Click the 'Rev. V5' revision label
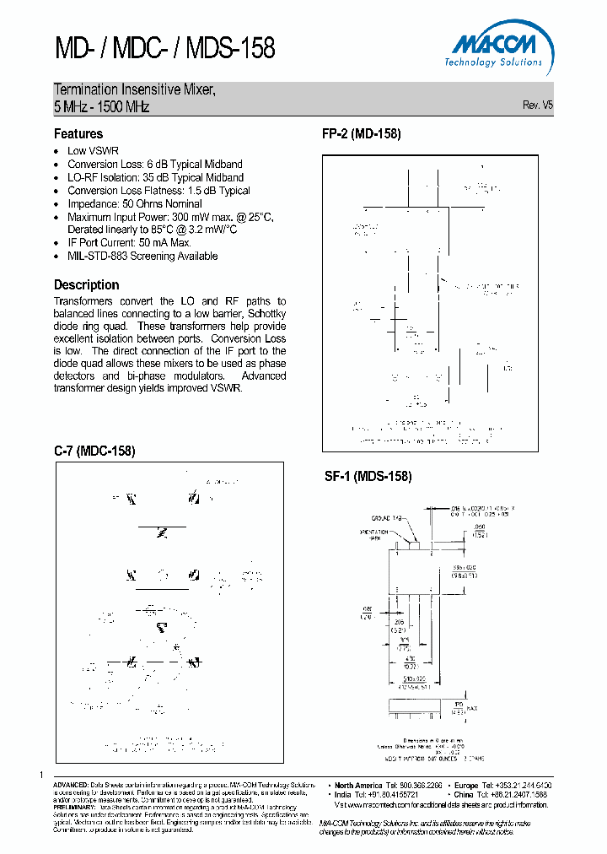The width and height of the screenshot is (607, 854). tap(538, 105)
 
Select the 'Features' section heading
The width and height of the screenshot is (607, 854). tap(78, 133)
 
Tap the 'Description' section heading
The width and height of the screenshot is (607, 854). tap(86, 284)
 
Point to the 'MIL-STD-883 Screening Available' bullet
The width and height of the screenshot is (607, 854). tap(142, 256)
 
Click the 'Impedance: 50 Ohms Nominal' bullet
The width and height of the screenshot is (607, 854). tap(135, 203)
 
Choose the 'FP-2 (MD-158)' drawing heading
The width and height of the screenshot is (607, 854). tap(361, 133)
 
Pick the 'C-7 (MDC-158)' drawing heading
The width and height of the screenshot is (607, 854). tap(94, 451)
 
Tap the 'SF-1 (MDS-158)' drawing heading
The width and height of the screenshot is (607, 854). tap(368, 476)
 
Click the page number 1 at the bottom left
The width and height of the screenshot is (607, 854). tap(41, 775)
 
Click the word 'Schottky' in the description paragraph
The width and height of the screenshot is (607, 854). tap(266, 314)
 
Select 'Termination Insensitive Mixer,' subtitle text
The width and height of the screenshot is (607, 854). tap(135, 90)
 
